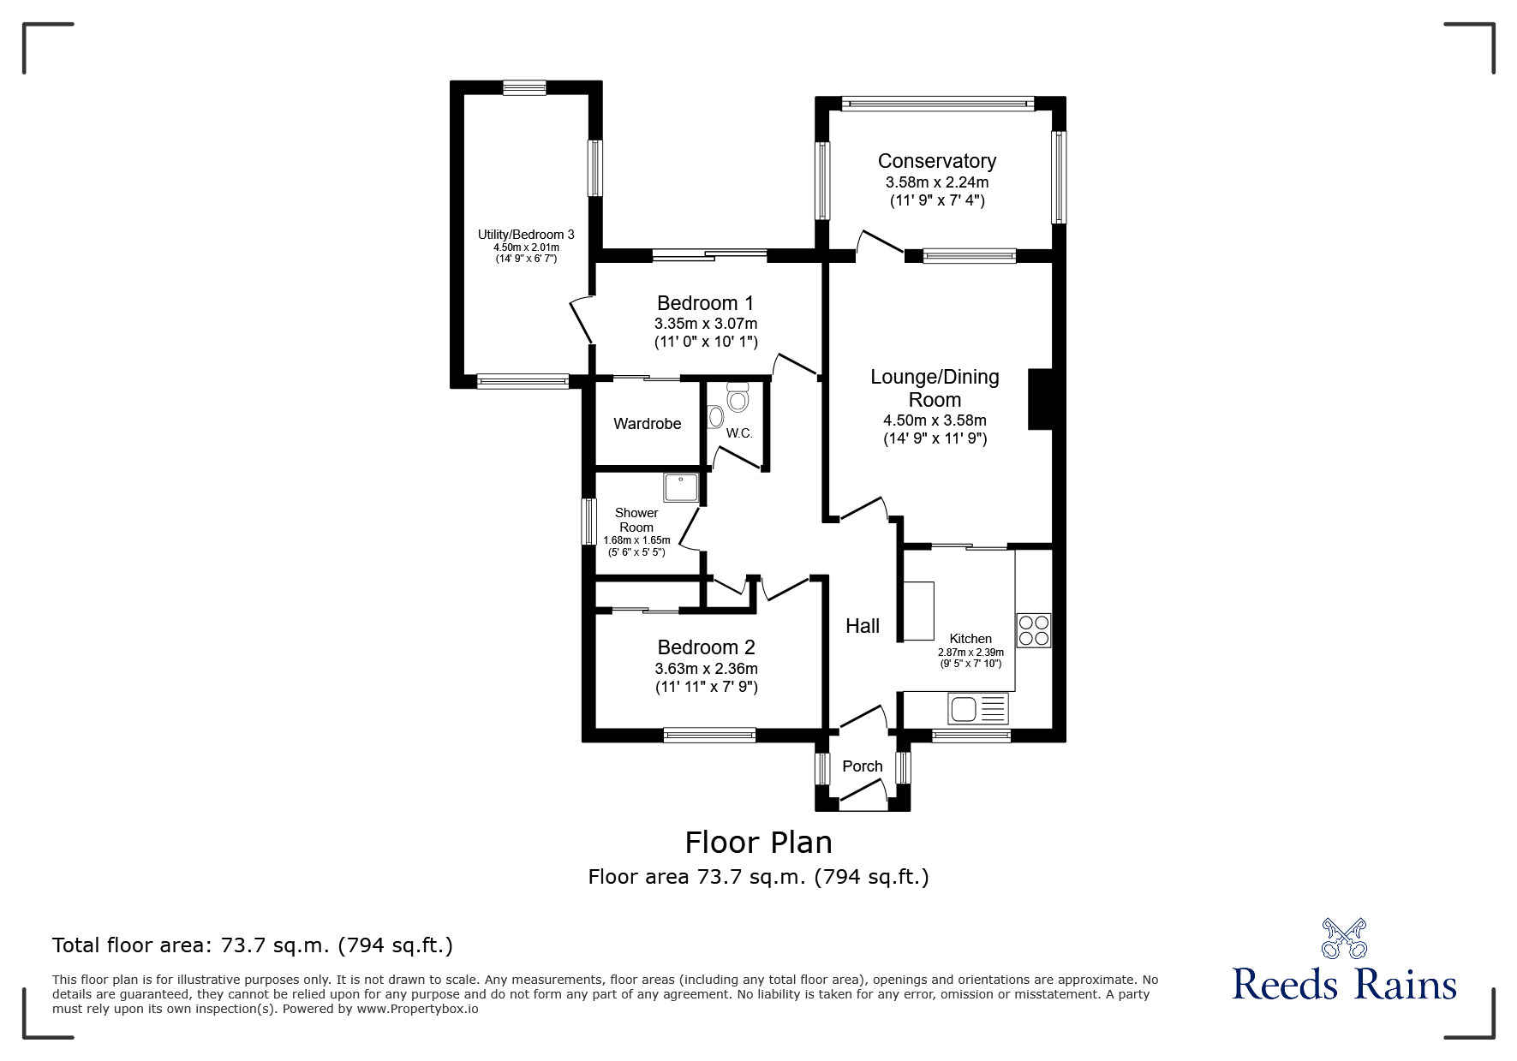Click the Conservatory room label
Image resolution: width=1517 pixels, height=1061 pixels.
click(936, 161)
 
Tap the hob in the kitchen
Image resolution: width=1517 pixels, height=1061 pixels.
click(1034, 630)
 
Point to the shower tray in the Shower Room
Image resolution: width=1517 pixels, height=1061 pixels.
click(681, 487)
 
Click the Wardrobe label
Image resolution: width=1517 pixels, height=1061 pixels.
click(648, 424)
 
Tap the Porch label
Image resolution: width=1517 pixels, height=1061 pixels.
click(862, 766)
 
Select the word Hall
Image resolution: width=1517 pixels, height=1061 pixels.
click(863, 626)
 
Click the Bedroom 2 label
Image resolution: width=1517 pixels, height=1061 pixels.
click(707, 647)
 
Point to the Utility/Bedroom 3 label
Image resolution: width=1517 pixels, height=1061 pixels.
click(526, 235)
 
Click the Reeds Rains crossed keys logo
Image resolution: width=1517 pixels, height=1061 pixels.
click(1344, 938)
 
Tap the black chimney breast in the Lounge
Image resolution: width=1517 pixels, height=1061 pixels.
click(1039, 399)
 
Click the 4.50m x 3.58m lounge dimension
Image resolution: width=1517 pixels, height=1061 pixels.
click(935, 420)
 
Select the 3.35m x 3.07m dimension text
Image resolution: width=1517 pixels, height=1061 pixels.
click(706, 324)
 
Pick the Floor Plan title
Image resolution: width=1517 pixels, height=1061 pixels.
click(759, 843)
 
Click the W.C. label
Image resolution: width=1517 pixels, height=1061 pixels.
click(739, 433)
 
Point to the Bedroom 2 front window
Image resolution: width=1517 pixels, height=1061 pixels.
click(709, 735)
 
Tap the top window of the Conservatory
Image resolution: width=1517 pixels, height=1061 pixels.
click(938, 104)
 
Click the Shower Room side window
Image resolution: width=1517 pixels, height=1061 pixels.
click(588, 522)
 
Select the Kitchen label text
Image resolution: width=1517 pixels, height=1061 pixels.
click(971, 639)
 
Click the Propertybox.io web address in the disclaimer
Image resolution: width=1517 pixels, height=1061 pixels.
click(418, 1009)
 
